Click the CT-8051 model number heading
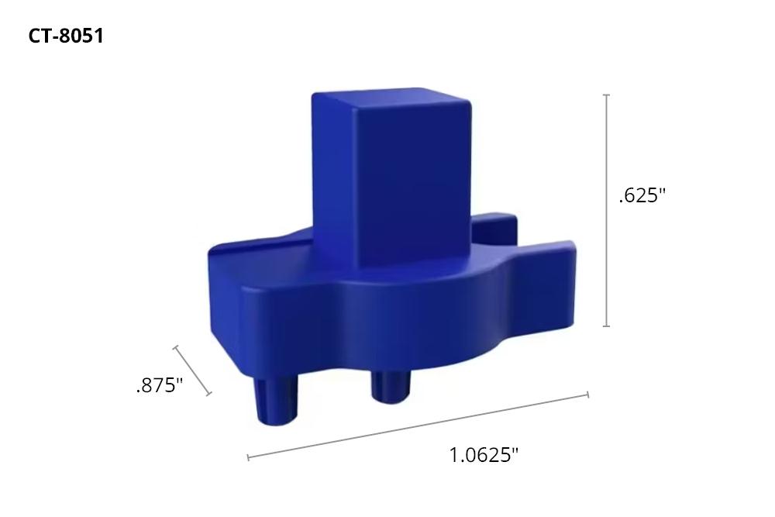coord(66,36)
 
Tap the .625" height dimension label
coord(642,195)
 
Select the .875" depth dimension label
coord(159,385)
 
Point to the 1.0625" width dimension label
coord(483,455)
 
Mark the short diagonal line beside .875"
coord(192,371)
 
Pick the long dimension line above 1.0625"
coord(418,426)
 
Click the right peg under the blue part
coord(391,385)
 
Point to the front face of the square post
coord(415,186)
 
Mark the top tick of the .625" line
coord(606,95)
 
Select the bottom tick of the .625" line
coord(606,326)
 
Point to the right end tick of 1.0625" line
coord(587,395)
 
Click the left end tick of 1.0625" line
coord(248,457)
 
